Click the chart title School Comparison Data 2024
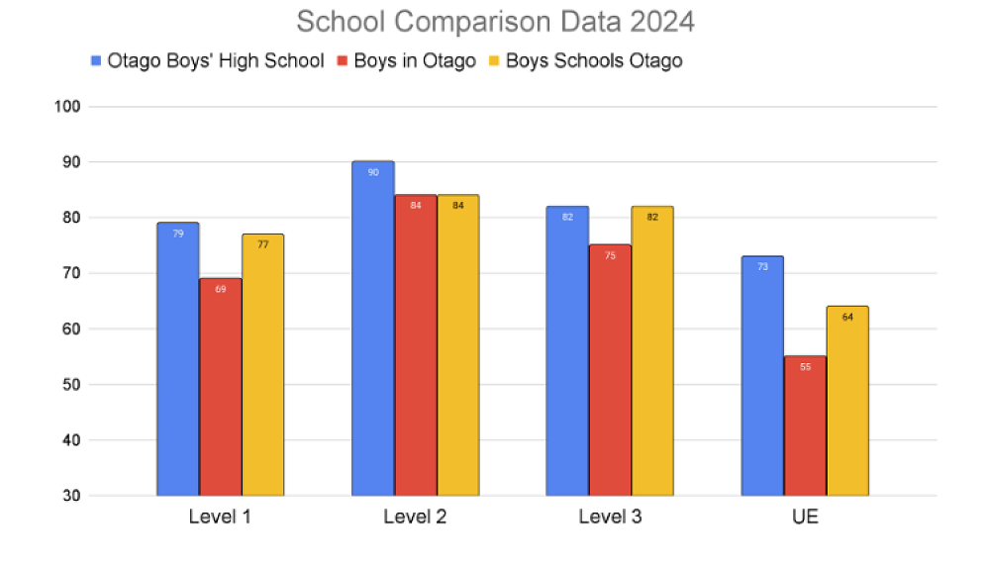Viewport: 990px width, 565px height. (x=495, y=22)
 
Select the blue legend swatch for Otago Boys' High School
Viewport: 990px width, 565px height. (x=95, y=61)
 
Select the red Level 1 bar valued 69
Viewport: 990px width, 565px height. (x=221, y=387)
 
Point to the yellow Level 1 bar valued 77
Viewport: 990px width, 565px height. (x=263, y=365)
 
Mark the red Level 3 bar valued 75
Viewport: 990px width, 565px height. (x=610, y=370)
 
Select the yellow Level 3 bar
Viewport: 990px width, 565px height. (x=652, y=351)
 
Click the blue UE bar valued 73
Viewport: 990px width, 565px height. (x=762, y=376)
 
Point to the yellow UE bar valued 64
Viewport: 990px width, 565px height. (x=847, y=401)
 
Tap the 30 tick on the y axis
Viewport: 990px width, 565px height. (x=72, y=496)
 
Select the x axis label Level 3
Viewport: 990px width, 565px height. (x=610, y=518)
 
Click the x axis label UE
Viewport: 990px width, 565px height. (x=805, y=518)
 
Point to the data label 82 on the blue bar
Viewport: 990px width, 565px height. (x=567, y=217)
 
